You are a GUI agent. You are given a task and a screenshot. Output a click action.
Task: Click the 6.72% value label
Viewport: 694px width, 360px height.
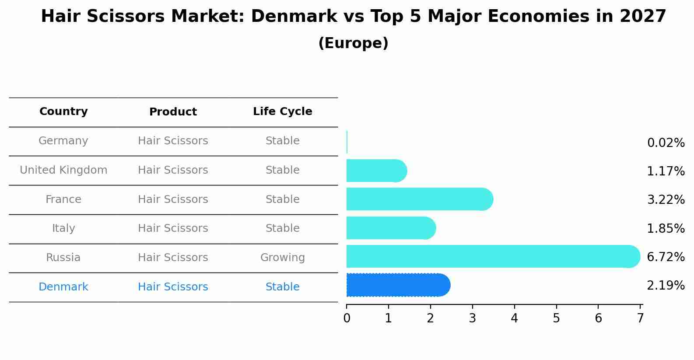(x=666, y=257)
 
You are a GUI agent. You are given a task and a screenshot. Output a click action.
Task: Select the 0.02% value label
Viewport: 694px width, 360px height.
(x=666, y=143)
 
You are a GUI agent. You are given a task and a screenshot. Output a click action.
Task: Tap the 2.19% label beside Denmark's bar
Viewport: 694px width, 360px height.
(x=666, y=286)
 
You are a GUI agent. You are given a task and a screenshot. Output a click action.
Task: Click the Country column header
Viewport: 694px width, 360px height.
(x=63, y=112)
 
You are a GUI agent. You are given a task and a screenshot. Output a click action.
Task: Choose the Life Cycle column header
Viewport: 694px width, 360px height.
(x=282, y=112)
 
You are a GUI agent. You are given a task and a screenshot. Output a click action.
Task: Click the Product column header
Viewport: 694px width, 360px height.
(x=173, y=112)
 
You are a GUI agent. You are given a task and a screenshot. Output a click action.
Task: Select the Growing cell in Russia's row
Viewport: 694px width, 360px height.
(x=282, y=258)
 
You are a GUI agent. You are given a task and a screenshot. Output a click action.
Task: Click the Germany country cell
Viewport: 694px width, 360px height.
(x=63, y=141)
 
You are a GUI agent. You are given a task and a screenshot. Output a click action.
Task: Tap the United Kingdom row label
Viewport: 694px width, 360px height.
(x=63, y=170)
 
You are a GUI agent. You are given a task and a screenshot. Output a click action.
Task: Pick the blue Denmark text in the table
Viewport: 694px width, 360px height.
(x=63, y=287)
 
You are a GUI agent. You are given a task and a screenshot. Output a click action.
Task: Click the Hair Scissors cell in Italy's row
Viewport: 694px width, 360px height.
(x=173, y=228)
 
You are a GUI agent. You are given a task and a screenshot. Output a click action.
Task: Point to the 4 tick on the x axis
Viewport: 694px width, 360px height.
(x=514, y=318)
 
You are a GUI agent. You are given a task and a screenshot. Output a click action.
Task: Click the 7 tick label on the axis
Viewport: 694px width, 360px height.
(x=640, y=318)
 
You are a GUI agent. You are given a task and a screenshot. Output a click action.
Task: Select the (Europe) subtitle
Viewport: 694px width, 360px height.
(x=353, y=43)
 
